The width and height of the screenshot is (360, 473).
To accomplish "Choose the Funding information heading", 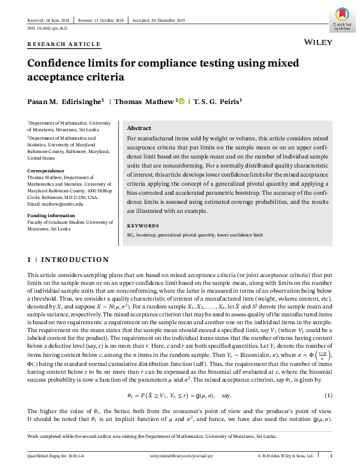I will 52,215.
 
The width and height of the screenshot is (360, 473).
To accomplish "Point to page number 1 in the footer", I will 330,455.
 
